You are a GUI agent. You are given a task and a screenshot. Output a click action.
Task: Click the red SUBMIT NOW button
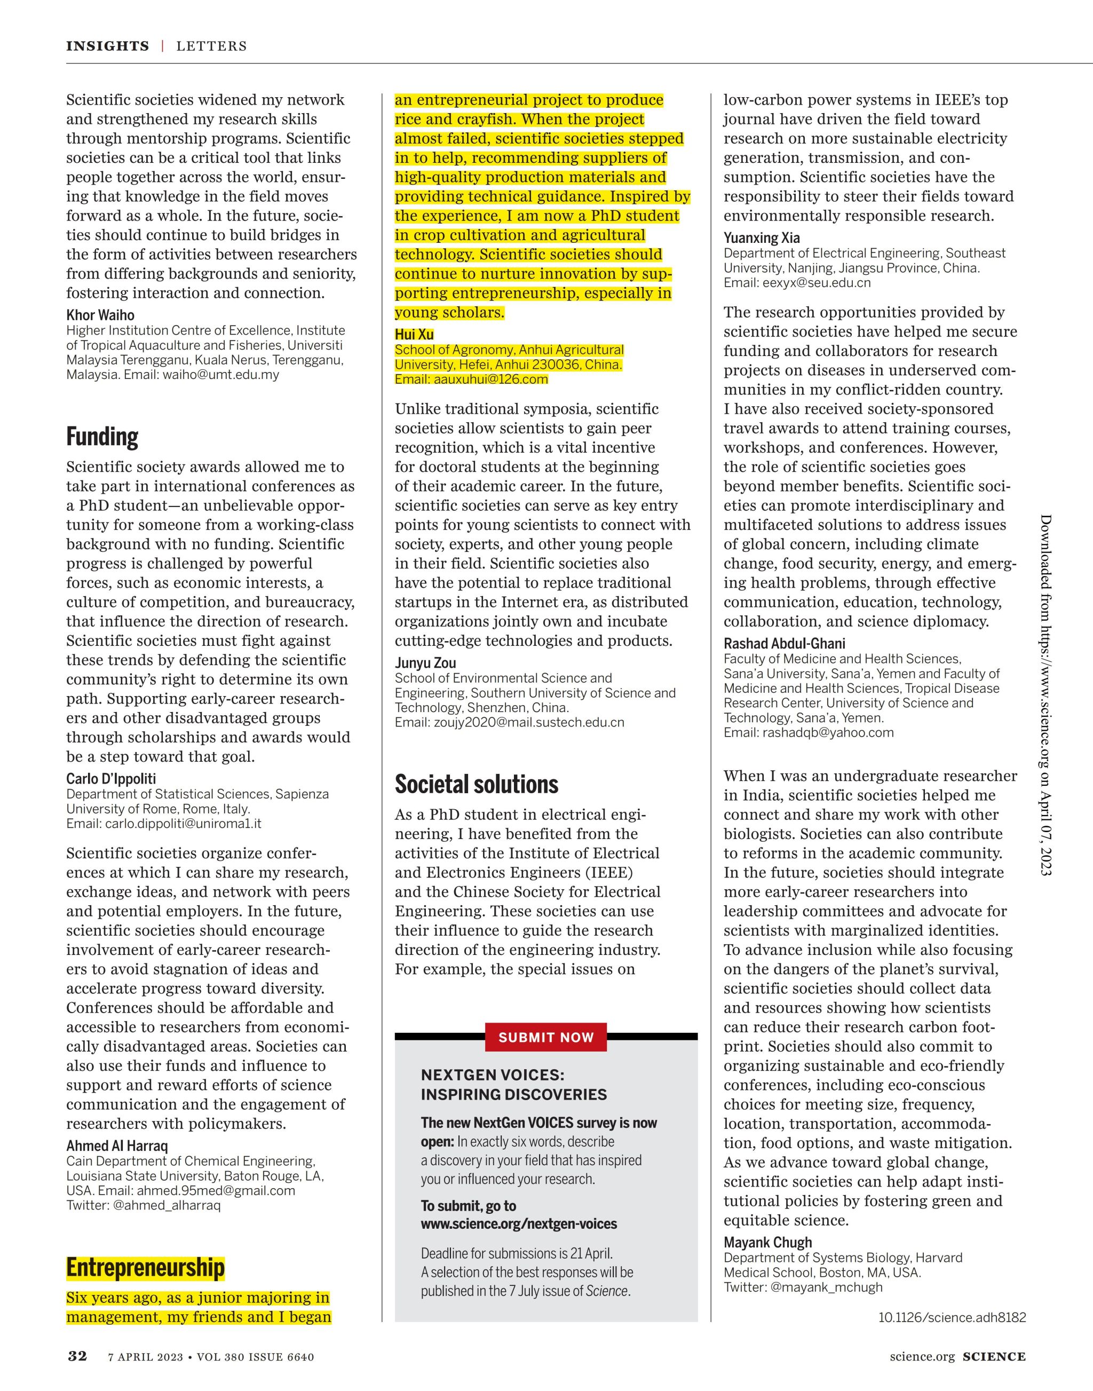tap(546, 1037)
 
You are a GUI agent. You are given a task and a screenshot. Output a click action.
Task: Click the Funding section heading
tap(102, 437)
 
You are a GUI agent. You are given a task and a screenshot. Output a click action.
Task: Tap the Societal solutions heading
tap(476, 784)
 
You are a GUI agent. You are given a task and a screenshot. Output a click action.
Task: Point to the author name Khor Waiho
tap(100, 315)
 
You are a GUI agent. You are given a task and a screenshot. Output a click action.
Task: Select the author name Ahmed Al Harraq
tap(117, 1145)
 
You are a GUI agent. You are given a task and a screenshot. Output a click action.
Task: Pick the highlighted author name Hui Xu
tap(414, 334)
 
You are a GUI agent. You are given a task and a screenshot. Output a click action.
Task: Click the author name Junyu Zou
tap(425, 662)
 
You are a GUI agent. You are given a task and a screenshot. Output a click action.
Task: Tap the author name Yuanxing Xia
tap(762, 238)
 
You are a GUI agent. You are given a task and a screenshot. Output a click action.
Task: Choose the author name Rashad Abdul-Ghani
tap(785, 643)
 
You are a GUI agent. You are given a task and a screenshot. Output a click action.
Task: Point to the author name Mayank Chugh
tap(768, 1242)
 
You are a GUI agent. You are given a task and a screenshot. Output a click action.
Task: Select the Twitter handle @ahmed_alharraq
tap(167, 1205)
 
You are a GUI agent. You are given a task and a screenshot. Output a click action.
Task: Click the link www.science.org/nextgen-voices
tap(519, 1224)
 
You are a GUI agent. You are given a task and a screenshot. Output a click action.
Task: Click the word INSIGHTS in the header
tap(107, 46)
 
